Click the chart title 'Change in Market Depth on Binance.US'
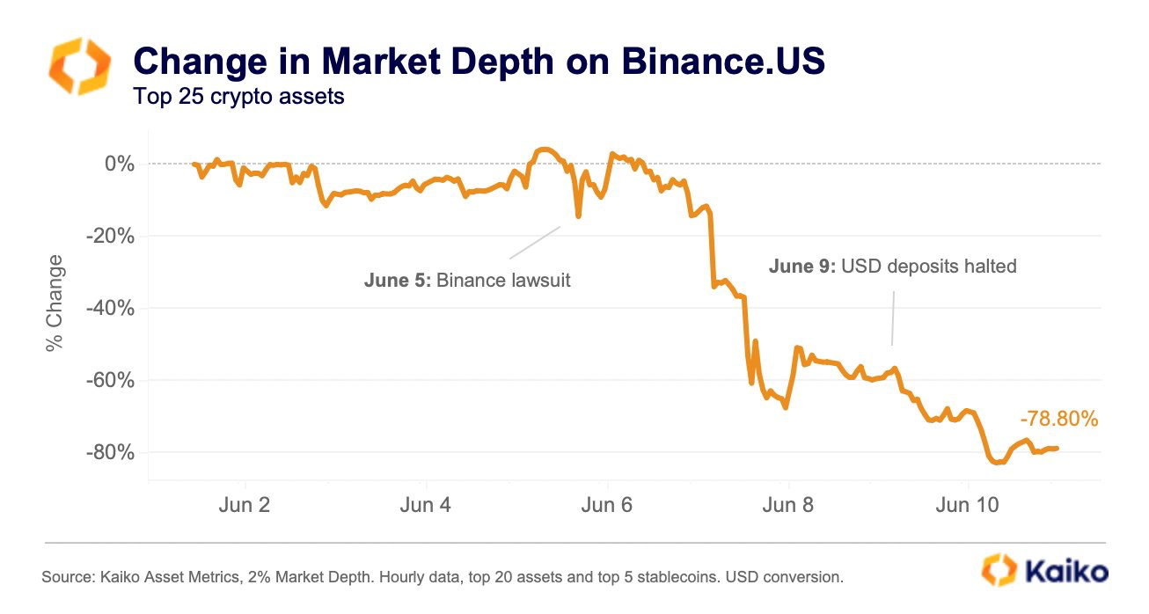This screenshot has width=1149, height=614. (x=479, y=62)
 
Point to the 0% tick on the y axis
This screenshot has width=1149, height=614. (x=119, y=164)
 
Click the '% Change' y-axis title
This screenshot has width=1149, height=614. (x=55, y=303)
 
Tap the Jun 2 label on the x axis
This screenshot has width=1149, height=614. (x=245, y=505)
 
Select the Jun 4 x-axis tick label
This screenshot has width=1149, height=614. (x=426, y=505)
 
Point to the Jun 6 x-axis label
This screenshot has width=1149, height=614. (x=607, y=505)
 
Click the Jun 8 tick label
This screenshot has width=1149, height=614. (x=788, y=505)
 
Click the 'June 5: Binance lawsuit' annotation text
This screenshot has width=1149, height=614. (x=467, y=281)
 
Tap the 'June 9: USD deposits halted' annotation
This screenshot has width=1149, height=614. (x=892, y=266)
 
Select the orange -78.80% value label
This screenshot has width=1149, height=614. (x=1059, y=420)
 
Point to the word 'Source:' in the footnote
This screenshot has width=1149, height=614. (x=68, y=578)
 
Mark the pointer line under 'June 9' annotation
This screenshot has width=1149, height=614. (x=893, y=318)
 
